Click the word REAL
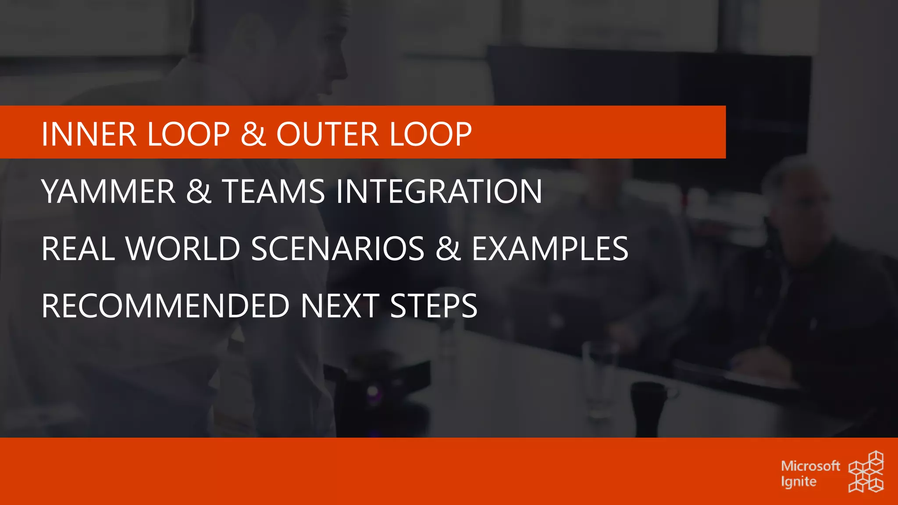pyautogui.click(x=78, y=249)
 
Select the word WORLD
pyautogui.click(x=183, y=249)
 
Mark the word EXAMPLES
pyautogui.click(x=550, y=249)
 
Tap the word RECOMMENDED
pyautogui.click(x=165, y=306)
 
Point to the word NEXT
pyautogui.click(x=340, y=306)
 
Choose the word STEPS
pyautogui.click(x=433, y=306)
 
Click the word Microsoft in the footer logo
pyautogui.click(x=810, y=466)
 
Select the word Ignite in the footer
pyautogui.click(x=798, y=482)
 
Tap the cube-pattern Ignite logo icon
pyautogui.click(x=866, y=472)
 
